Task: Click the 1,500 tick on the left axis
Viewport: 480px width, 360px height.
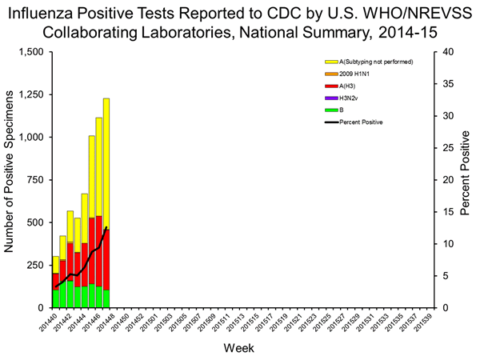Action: point(31,52)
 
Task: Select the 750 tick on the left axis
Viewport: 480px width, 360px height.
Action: point(36,180)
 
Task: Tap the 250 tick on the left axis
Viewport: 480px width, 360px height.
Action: point(36,265)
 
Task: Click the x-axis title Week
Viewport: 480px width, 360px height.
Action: point(240,349)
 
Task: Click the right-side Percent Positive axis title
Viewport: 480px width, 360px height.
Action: point(466,180)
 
